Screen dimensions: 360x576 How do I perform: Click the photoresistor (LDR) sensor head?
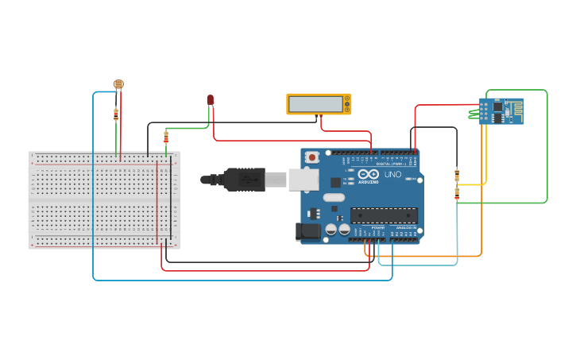click(x=118, y=83)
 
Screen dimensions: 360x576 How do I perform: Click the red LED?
click(x=210, y=99)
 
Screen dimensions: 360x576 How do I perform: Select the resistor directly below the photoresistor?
click(x=116, y=114)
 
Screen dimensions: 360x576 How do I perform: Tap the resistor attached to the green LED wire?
click(x=166, y=137)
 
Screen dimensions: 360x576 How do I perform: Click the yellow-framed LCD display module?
click(x=319, y=104)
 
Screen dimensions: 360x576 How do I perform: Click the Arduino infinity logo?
click(x=369, y=174)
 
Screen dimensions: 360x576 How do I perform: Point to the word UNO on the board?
click(x=392, y=174)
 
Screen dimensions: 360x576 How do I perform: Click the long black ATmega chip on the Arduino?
click(x=384, y=215)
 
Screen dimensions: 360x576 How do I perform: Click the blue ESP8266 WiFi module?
click(x=501, y=111)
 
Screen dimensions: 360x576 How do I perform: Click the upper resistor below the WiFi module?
click(x=457, y=175)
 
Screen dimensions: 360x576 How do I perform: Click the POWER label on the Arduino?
click(x=377, y=227)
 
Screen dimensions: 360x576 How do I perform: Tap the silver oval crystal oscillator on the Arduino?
click(x=334, y=197)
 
